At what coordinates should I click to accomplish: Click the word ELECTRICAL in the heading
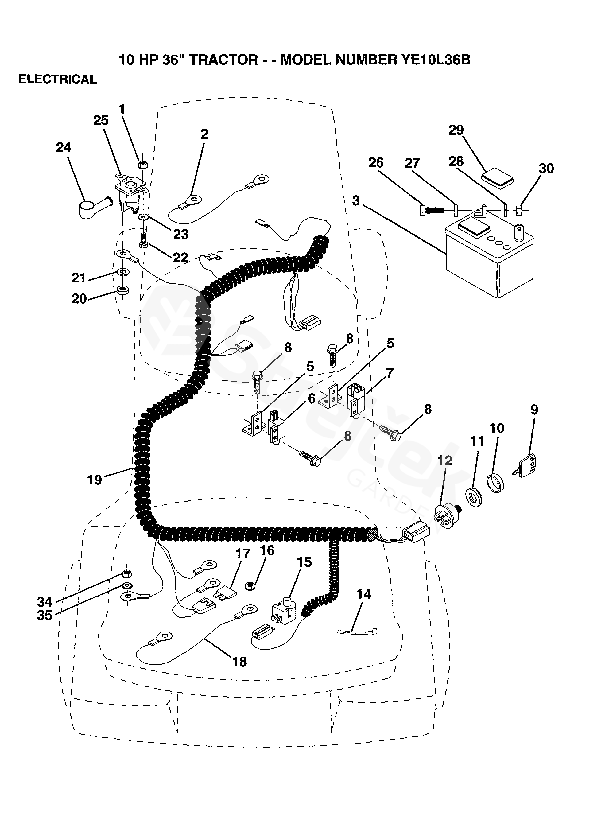tap(58, 79)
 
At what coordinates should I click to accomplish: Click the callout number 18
tap(240, 662)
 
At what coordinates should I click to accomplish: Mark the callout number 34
tap(44, 602)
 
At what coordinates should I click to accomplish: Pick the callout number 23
tap(180, 234)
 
